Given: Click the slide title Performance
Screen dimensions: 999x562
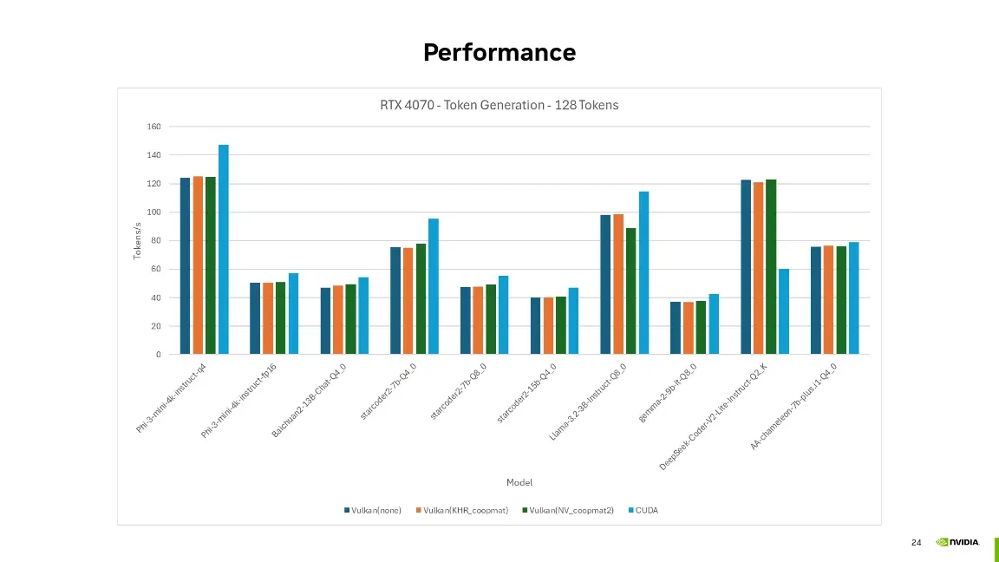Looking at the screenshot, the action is point(499,52).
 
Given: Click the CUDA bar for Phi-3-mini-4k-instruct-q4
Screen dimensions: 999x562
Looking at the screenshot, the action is point(224,249).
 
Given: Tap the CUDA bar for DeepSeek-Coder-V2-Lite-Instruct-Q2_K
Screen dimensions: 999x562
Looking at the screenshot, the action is point(784,311).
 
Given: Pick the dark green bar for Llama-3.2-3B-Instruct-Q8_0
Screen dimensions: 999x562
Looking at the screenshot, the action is point(630,291).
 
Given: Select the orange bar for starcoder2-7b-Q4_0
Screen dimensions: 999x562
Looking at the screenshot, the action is point(408,301).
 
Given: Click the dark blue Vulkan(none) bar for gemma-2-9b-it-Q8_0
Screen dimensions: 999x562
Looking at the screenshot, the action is point(676,328).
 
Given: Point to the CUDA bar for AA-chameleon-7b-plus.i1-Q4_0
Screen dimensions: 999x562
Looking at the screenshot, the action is point(853,298).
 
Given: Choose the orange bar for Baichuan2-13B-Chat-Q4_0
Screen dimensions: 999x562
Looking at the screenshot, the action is point(337,320).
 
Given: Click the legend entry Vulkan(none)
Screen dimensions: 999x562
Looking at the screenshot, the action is point(373,510).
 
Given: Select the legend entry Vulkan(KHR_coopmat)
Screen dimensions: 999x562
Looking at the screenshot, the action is point(462,510).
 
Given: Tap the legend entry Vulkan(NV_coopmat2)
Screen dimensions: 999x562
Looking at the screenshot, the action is point(568,510).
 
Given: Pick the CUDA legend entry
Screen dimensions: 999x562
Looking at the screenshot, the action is point(643,510).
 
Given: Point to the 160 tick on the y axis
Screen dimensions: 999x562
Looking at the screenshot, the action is point(153,127).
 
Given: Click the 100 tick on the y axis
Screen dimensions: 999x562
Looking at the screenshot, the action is point(153,212).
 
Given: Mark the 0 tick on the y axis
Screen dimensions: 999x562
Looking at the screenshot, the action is point(158,354).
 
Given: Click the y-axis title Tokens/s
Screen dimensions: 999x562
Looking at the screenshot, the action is point(137,241).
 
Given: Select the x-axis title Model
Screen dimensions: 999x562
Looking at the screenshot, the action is point(519,482).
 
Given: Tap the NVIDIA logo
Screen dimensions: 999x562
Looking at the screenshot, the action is point(957,542).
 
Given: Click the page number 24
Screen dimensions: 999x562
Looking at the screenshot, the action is point(916,542).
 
